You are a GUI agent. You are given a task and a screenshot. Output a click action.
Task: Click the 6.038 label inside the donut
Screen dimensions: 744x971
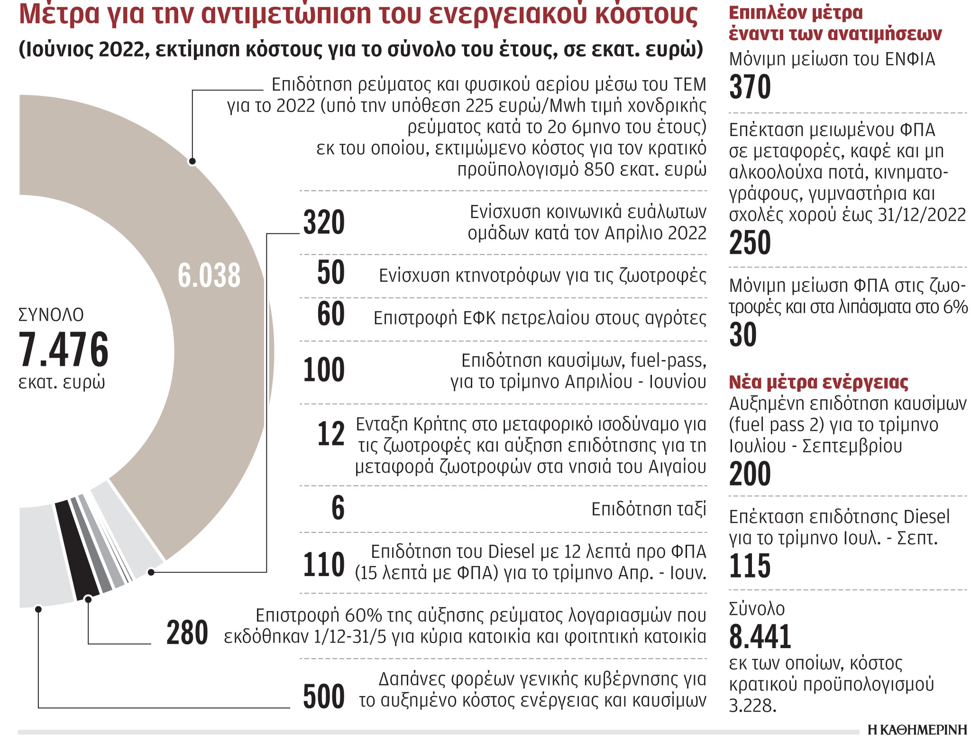click(x=209, y=276)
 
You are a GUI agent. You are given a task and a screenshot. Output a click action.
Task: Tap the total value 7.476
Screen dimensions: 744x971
click(x=64, y=350)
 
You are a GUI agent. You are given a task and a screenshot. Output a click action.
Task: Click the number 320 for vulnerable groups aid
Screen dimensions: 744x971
click(x=324, y=222)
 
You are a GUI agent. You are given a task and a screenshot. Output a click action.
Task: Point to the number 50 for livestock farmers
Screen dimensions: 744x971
click(x=330, y=272)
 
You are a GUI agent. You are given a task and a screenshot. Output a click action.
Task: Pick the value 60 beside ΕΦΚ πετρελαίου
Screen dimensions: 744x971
click(x=330, y=314)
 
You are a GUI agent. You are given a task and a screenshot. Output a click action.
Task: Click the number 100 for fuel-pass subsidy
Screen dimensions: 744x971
click(x=324, y=370)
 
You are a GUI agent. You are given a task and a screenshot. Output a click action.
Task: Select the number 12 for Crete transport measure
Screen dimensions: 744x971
click(x=330, y=434)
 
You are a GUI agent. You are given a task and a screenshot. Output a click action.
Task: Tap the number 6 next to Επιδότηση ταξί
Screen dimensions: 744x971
click(x=338, y=508)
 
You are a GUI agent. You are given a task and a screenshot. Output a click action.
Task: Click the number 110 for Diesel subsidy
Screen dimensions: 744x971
click(x=324, y=564)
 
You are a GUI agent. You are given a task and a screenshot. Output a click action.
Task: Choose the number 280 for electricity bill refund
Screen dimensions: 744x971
click(x=187, y=632)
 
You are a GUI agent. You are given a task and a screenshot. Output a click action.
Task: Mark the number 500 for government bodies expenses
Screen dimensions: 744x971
click(x=324, y=697)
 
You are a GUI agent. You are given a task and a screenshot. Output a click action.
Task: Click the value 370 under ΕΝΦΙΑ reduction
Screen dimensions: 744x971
click(x=750, y=87)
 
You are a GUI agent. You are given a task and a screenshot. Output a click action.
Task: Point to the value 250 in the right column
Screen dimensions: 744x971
click(x=750, y=242)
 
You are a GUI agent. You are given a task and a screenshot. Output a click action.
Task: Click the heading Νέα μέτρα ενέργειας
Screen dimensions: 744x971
click(x=818, y=382)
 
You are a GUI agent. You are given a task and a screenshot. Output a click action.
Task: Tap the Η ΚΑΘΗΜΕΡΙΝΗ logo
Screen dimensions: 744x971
click(x=917, y=731)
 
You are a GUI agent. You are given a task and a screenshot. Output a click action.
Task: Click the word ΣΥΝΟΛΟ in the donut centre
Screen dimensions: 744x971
click(x=51, y=315)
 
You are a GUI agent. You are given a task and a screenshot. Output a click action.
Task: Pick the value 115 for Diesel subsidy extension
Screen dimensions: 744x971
click(x=750, y=566)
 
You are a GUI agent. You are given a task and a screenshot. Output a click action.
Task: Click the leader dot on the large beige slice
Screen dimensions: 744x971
click(x=192, y=161)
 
